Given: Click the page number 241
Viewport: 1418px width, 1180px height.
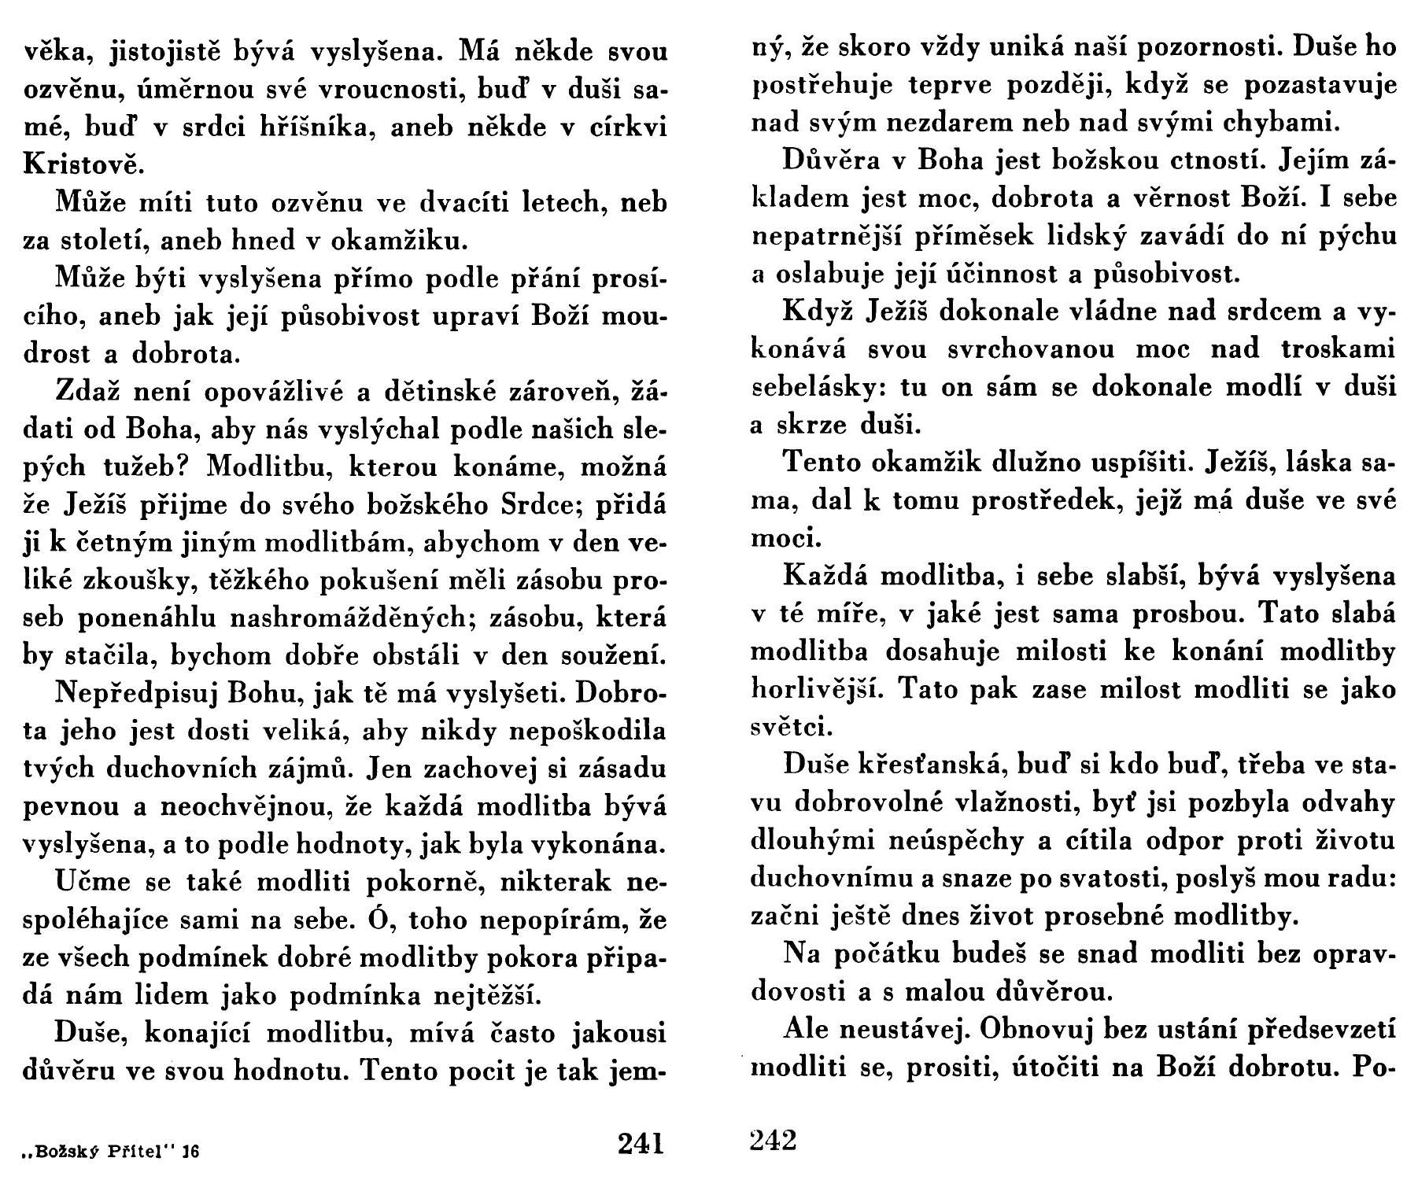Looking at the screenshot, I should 641,1142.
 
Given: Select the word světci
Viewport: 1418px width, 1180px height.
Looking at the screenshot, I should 788,727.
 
